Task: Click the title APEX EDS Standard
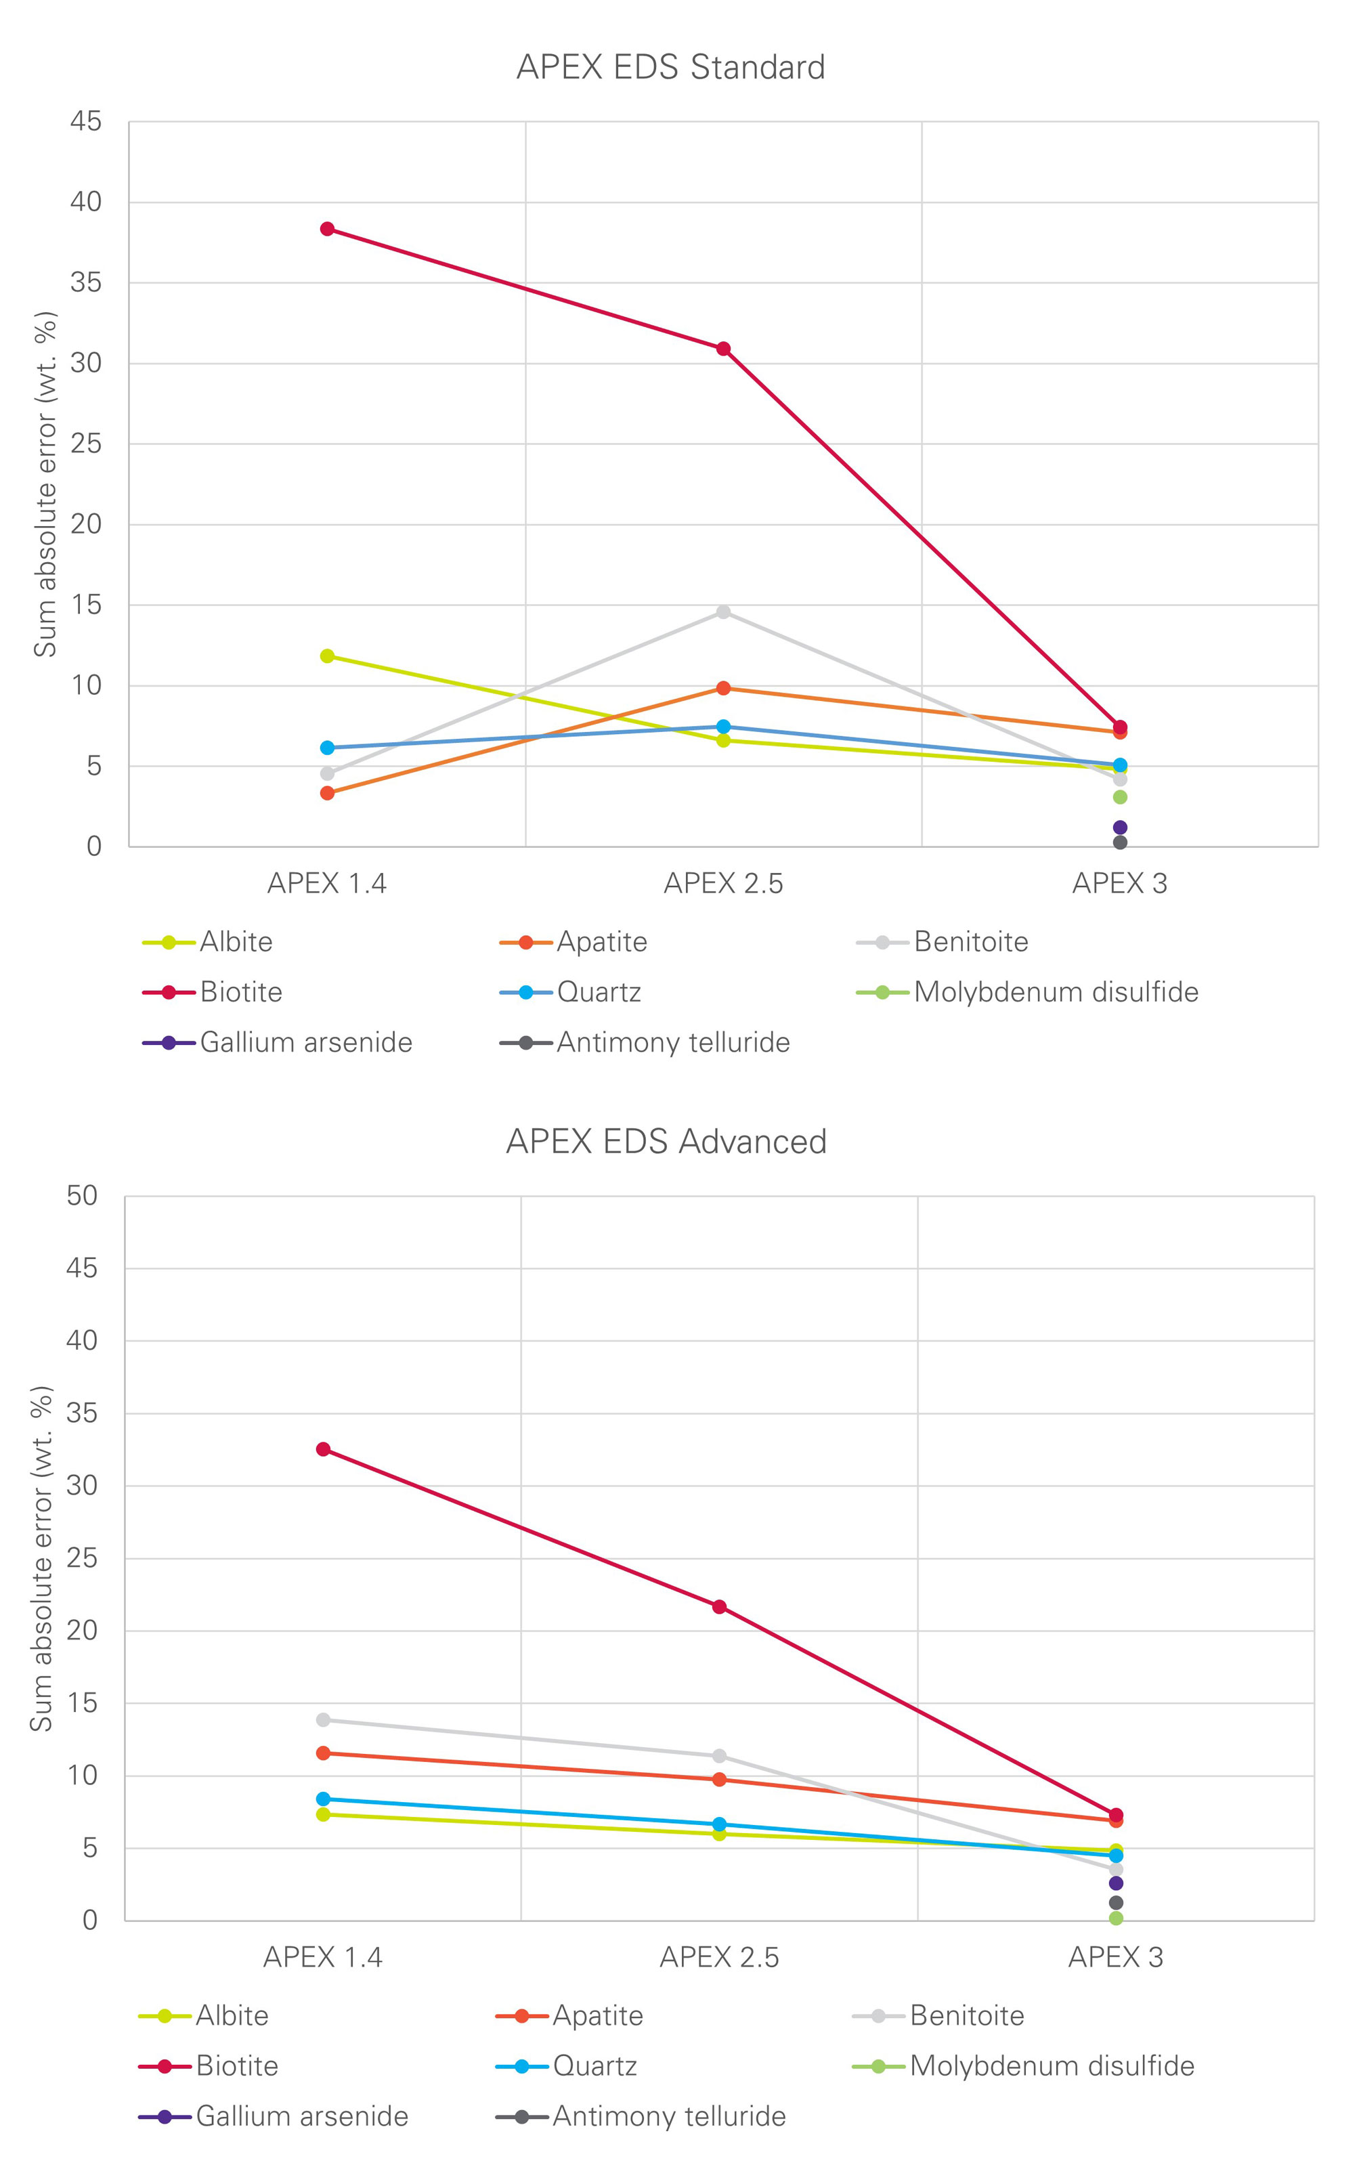670,68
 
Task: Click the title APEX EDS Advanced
666,1141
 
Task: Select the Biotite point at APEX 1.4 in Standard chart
328,229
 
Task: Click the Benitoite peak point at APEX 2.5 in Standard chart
723,612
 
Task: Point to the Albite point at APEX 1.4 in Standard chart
328,656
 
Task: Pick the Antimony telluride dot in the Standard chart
1120,842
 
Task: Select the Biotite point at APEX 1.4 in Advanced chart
323,1449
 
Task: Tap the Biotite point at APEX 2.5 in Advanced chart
720,1606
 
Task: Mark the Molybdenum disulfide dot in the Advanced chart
1117,1918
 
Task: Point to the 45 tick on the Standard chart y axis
87,121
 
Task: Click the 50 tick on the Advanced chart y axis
82,1196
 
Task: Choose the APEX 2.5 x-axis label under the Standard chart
723,884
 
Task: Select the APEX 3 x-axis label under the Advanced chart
1116,1957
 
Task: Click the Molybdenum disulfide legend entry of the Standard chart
1056,993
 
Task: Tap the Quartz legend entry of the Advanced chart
594,2066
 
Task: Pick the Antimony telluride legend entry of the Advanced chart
668,2117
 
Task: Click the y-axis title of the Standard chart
45,484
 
